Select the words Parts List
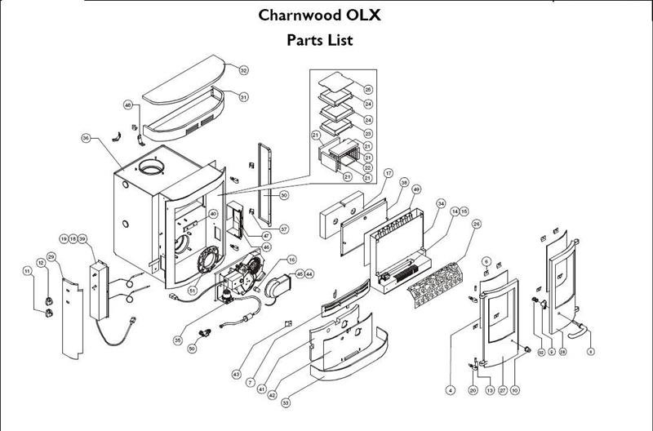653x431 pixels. tap(320, 40)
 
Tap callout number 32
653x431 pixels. tap(243, 71)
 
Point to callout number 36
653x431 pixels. tap(85, 139)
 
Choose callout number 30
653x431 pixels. tap(284, 195)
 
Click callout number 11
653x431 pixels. tap(27, 271)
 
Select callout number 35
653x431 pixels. tap(177, 339)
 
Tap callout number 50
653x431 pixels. tap(192, 349)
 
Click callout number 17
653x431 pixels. tap(389, 174)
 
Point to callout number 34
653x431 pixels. tap(441, 203)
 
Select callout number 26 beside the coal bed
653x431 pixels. tap(477, 224)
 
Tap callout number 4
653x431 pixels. tap(450, 391)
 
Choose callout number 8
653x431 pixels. tap(591, 352)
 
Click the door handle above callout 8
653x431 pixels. tap(575, 329)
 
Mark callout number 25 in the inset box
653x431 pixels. tap(368, 88)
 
